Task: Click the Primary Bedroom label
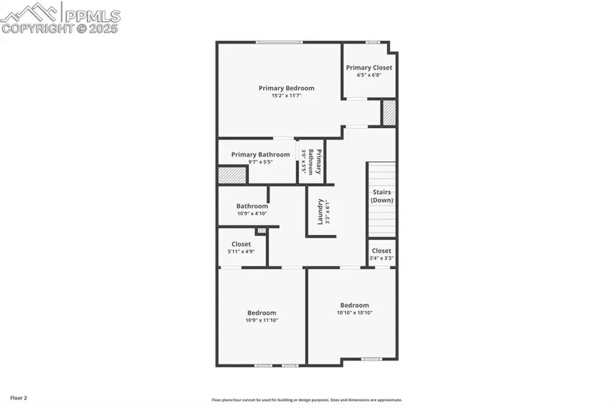pyautogui.click(x=286, y=88)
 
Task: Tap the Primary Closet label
pyautogui.click(x=368, y=67)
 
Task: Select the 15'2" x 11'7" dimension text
pyautogui.click(x=286, y=96)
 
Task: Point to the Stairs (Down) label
pyautogui.click(x=381, y=196)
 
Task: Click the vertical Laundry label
pyautogui.click(x=319, y=211)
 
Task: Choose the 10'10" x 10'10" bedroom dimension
pyautogui.click(x=354, y=313)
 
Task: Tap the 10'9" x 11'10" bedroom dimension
pyautogui.click(x=261, y=320)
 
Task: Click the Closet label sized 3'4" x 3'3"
pyautogui.click(x=381, y=251)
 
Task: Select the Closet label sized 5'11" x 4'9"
pyautogui.click(x=241, y=244)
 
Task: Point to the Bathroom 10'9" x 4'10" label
pyautogui.click(x=252, y=206)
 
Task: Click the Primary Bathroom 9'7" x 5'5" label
pyautogui.click(x=260, y=155)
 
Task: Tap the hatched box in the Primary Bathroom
pyautogui.click(x=232, y=175)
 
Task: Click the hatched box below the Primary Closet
pyautogui.click(x=388, y=113)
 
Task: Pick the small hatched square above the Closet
pyautogui.click(x=261, y=231)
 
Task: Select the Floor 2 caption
pyautogui.click(x=18, y=397)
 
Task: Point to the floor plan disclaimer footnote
pyautogui.click(x=306, y=401)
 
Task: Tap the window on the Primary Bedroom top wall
pyautogui.click(x=279, y=43)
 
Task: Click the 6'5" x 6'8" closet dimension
pyautogui.click(x=368, y=75)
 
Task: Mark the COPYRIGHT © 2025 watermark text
pyautogui.click(x=59, y=29)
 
